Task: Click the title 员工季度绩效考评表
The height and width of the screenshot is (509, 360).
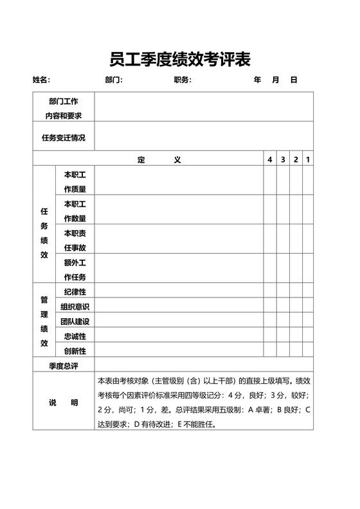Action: click(x=180, y=59)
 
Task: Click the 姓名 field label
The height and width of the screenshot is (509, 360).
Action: click(x=40, y=80)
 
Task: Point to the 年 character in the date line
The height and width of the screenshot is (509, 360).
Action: click(x=258, y=80)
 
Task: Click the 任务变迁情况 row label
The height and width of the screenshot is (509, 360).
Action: click(x=64, y=138)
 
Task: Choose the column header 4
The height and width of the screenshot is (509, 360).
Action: click(x=270, y=159)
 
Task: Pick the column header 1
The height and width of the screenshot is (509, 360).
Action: click(x=308, y=159)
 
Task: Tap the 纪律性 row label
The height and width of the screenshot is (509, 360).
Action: click(x=75, y=292)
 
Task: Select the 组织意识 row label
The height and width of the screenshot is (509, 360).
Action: click(x=75, y=307)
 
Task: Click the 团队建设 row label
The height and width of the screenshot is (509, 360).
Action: click(x=75, y=321)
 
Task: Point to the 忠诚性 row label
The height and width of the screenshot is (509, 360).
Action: click(x=75, y=336)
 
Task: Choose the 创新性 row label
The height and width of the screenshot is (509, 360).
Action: click(x=75, y=351)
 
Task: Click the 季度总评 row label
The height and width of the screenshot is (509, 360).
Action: click(x=64, y=366)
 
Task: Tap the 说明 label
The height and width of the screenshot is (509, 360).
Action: click(x=64, y=402)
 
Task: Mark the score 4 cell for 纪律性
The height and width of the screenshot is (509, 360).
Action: click(x=270, y=292)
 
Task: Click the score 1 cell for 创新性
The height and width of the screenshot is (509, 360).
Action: click(x=308, y=351)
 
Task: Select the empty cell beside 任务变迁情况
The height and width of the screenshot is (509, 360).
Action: click(x=204, y=138)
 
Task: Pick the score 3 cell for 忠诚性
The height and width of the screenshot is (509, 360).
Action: click(x=283, y=336)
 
